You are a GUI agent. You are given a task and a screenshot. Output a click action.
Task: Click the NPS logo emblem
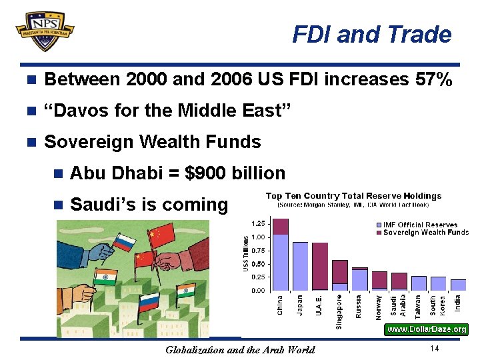45,30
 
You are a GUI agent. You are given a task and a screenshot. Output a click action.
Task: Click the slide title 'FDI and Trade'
371,34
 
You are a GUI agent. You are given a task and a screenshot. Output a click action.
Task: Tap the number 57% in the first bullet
434,80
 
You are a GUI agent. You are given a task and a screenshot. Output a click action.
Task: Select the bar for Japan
300,266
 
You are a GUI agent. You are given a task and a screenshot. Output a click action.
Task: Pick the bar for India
458,285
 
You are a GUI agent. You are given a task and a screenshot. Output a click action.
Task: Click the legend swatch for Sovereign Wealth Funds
379,232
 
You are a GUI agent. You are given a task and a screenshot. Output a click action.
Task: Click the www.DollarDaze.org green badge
427,329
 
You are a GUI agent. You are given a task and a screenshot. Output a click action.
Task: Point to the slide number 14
434,349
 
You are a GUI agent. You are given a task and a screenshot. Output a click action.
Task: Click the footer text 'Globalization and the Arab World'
239,350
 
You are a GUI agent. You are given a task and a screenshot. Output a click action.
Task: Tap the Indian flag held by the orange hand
105,277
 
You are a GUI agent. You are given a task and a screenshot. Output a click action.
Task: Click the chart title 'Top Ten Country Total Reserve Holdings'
353,196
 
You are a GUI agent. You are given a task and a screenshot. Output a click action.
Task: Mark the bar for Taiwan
419,283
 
